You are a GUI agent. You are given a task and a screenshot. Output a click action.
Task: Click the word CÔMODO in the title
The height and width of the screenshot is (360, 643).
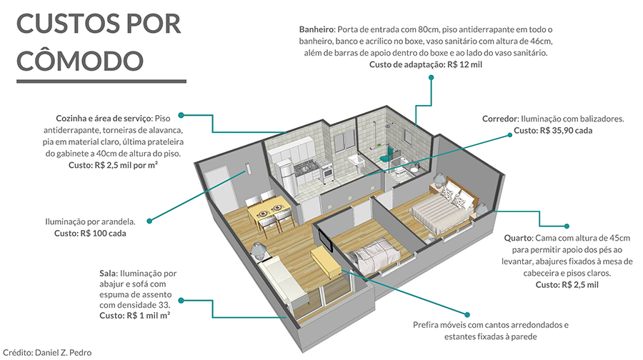click(x=80, y=60)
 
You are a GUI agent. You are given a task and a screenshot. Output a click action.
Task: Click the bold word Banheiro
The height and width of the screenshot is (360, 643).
click(x=317, y=29)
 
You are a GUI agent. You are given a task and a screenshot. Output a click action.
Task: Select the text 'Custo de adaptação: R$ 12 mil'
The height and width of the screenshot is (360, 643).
click(x=425, y=64)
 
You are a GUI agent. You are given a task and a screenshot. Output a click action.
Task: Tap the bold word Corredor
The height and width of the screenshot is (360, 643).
click(x=500, y=119)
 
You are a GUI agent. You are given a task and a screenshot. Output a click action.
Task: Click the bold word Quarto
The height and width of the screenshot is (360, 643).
click(x=519, y=239)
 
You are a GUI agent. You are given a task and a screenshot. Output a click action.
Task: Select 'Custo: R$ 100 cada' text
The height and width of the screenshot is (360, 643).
click(x=90, y=234)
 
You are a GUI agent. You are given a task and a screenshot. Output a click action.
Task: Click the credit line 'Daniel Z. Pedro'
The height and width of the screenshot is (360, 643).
click(x=63, y=353)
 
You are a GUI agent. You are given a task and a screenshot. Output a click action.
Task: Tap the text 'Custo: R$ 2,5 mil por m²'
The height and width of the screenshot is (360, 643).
click(x=113, y=165)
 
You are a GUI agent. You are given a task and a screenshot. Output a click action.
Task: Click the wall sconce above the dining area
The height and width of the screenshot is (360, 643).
click(x=248, y=168)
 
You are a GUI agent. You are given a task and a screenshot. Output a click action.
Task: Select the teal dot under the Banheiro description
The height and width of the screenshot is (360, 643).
click(x=431, y=77)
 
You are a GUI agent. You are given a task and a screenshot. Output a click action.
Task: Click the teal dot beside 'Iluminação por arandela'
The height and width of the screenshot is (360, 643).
click(x=149, y=221)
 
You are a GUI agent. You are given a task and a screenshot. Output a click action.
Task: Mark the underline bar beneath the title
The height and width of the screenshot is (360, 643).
click(x=101, y=81)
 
